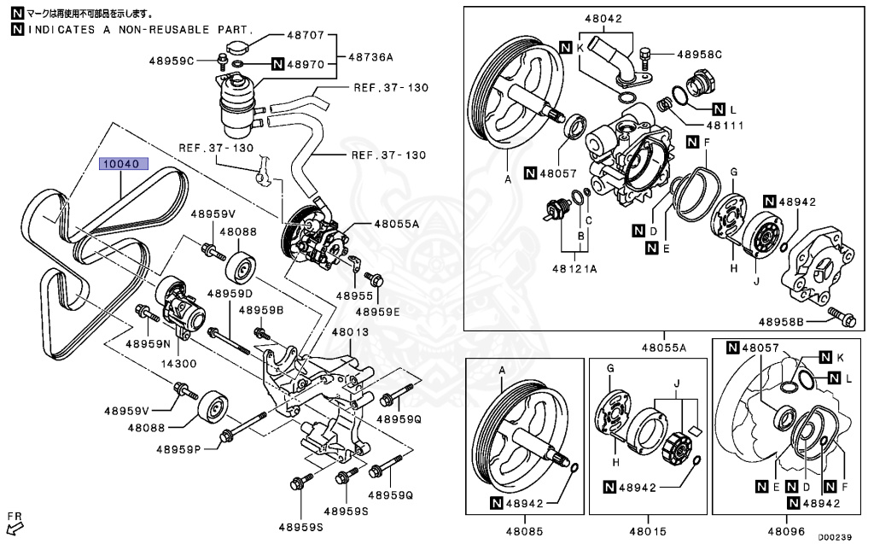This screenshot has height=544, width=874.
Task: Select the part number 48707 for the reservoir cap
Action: pos(306,36)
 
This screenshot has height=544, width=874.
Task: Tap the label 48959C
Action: pos(172,61)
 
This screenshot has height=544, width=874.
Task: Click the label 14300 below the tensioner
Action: pos(180,362)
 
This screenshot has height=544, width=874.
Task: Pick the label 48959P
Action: pos(178,447)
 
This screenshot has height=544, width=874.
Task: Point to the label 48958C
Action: pos(700,55)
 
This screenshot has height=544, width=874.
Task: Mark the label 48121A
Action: pos(574,267)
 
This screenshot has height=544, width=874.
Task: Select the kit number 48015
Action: pos(647,530)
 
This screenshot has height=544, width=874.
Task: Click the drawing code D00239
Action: pos(835,538)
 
